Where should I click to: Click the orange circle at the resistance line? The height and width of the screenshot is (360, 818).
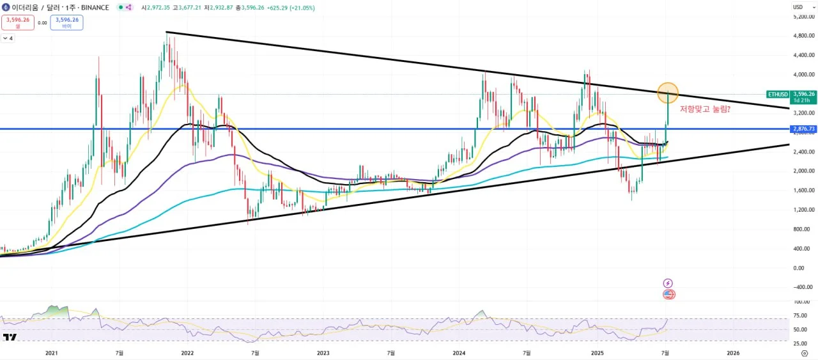[x=668, y=93]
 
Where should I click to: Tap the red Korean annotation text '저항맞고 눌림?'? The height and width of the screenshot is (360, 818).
[x=705, y=109]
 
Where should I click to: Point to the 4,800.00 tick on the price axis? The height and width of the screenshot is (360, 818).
[x=804, y=36]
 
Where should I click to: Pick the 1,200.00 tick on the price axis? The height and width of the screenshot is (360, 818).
[x=804, y=210]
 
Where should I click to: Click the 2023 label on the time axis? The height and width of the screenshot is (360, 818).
[x=323, y=352]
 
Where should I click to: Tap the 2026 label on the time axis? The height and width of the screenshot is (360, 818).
[x=733, y=352]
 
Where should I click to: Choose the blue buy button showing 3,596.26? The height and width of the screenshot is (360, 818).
[x=67, y=22]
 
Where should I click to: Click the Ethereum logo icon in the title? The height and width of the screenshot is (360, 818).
[x=6, y=7]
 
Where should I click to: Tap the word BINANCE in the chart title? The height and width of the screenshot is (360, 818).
[x=93, y=7]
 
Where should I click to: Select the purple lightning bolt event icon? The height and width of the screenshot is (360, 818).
[x=668, y=283]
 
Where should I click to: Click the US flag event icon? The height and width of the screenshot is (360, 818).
[x=668, y=294]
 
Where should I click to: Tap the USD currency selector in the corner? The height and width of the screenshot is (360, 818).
[x=799, y=7]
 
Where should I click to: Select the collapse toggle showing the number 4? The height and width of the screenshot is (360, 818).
[x=8, y=38]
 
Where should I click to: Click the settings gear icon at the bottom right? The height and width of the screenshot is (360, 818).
[x=803, y=352]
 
